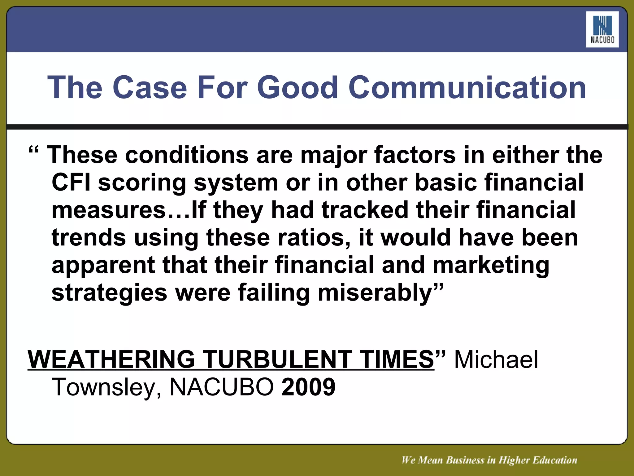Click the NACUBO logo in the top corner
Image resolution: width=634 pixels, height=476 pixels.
[602, 29]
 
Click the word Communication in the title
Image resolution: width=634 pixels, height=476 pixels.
[467, 88]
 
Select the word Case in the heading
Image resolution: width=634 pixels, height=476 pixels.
[151, 88]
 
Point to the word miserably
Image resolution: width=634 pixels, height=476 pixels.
[376, 293]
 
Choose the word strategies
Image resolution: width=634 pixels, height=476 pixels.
[109, 293]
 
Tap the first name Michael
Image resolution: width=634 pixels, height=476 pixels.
[496, 359]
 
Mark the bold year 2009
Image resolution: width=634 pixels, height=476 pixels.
[308, 387]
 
